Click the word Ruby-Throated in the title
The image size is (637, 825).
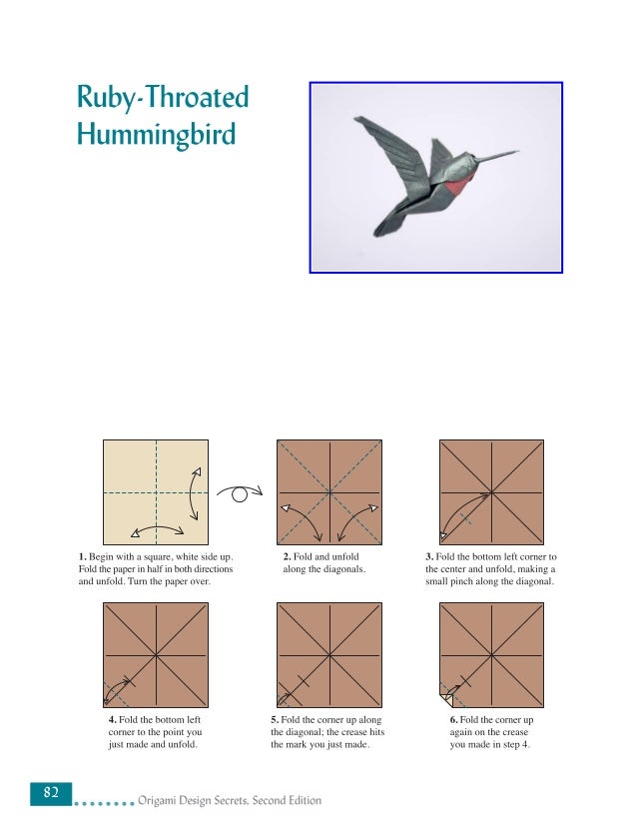tap(162, 100)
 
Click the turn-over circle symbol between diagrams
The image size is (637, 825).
tap(240, 492)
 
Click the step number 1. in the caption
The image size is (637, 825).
tap(83, 555)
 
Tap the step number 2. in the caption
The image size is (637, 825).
tap(288, 555)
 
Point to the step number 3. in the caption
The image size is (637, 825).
tap(428, 555)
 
